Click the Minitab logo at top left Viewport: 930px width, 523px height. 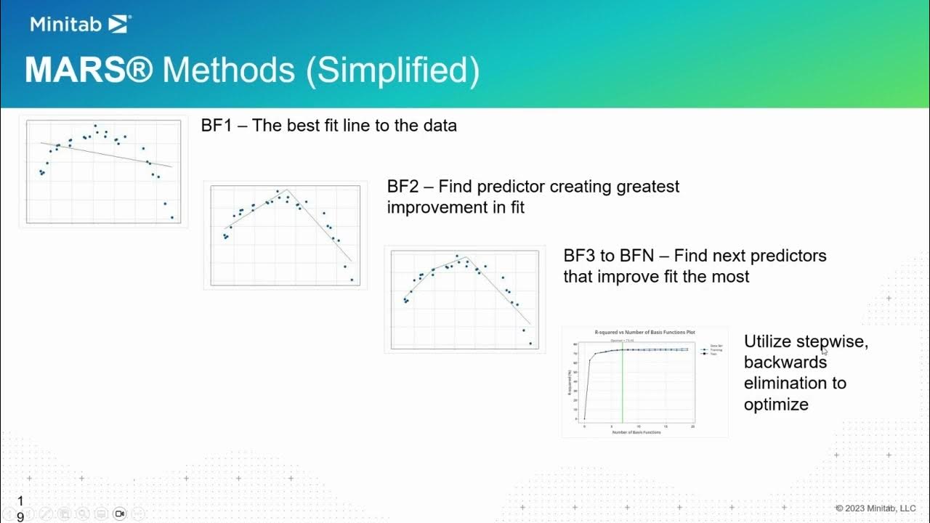pos(80,24)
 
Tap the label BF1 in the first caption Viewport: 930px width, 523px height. pos(216,126)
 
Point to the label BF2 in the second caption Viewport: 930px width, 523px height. pos(403,187)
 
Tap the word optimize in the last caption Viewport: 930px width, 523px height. pos(776,404)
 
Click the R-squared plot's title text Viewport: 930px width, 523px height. pos(644,332)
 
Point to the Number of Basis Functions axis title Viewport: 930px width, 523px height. pos(636,432)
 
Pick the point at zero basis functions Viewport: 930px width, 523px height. pos(584,418)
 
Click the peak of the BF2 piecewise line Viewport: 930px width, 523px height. pos(286,190)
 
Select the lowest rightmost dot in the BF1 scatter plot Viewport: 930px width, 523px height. pos(172,217)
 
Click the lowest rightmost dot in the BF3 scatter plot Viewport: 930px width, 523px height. pos(530,344)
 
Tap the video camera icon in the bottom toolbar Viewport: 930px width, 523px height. pos(120,514)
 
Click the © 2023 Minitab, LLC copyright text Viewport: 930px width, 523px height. pos(876,508)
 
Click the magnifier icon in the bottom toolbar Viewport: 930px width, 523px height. pos(83,514)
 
